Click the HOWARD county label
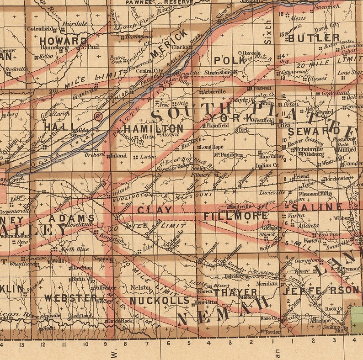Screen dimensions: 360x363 63,41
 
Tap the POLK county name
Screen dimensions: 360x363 227,61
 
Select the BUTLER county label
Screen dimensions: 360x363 314,38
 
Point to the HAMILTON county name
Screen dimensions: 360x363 153,129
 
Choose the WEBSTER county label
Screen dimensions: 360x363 70,298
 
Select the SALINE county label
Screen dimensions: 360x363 317,207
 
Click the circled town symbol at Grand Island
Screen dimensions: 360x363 97,116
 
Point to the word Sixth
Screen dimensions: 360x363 269,34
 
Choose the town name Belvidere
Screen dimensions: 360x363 234,277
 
